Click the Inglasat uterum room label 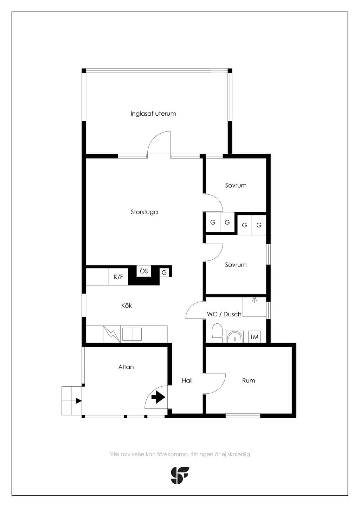point(153,114)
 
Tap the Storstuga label point(144,212)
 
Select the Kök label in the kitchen point(126,305)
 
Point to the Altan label point(126,367)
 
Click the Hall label point(187,380)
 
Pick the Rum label point(249,380)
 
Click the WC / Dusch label point(224,314)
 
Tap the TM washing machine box point(254,337)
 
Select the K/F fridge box point(118,277)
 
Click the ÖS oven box point(144,271)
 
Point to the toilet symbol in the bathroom point(217,333)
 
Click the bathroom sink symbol point(235,337)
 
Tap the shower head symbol point(255,300)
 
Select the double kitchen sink point(132,334)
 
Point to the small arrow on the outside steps point(78,401)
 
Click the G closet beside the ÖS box point(164,272)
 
